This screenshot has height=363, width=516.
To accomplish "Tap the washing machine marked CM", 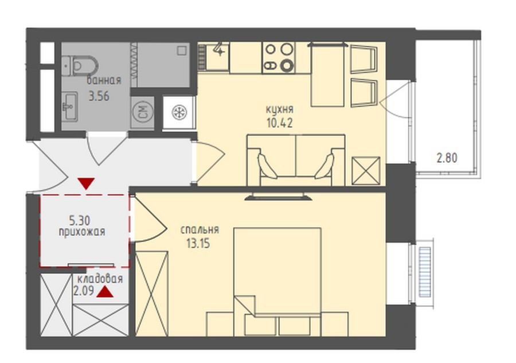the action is (x=142, y=112).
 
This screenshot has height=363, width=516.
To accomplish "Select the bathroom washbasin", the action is (x=70, y=106).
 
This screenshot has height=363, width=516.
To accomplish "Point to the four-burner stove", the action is (x=279, y=57).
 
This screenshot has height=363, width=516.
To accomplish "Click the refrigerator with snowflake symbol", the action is (x=179, y=112).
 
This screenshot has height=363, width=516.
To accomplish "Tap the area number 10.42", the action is (x=280, y=123).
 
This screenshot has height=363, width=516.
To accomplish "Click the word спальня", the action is (x=200, y=230).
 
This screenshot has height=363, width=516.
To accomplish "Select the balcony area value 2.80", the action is (x=447, y=158).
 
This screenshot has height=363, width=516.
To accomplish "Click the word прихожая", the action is (x=82, y=232).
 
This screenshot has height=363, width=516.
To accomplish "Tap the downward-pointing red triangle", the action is (x=86, y=184).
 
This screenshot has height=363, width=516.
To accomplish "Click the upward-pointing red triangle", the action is (x=105, y=292).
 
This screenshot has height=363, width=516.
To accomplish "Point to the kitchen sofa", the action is (x=296, y=160).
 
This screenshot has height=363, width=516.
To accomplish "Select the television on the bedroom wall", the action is (x=279, y=197).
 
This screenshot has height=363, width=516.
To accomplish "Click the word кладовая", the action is (x=100, y=279).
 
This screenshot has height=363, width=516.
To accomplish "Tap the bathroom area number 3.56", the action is (x=99, y=96).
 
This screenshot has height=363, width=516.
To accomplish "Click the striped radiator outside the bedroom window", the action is (x=424, y=272).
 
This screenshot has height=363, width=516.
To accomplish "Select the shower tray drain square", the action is (x=182, y=50).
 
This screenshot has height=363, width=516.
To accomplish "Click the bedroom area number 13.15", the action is (x=198, y=244).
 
